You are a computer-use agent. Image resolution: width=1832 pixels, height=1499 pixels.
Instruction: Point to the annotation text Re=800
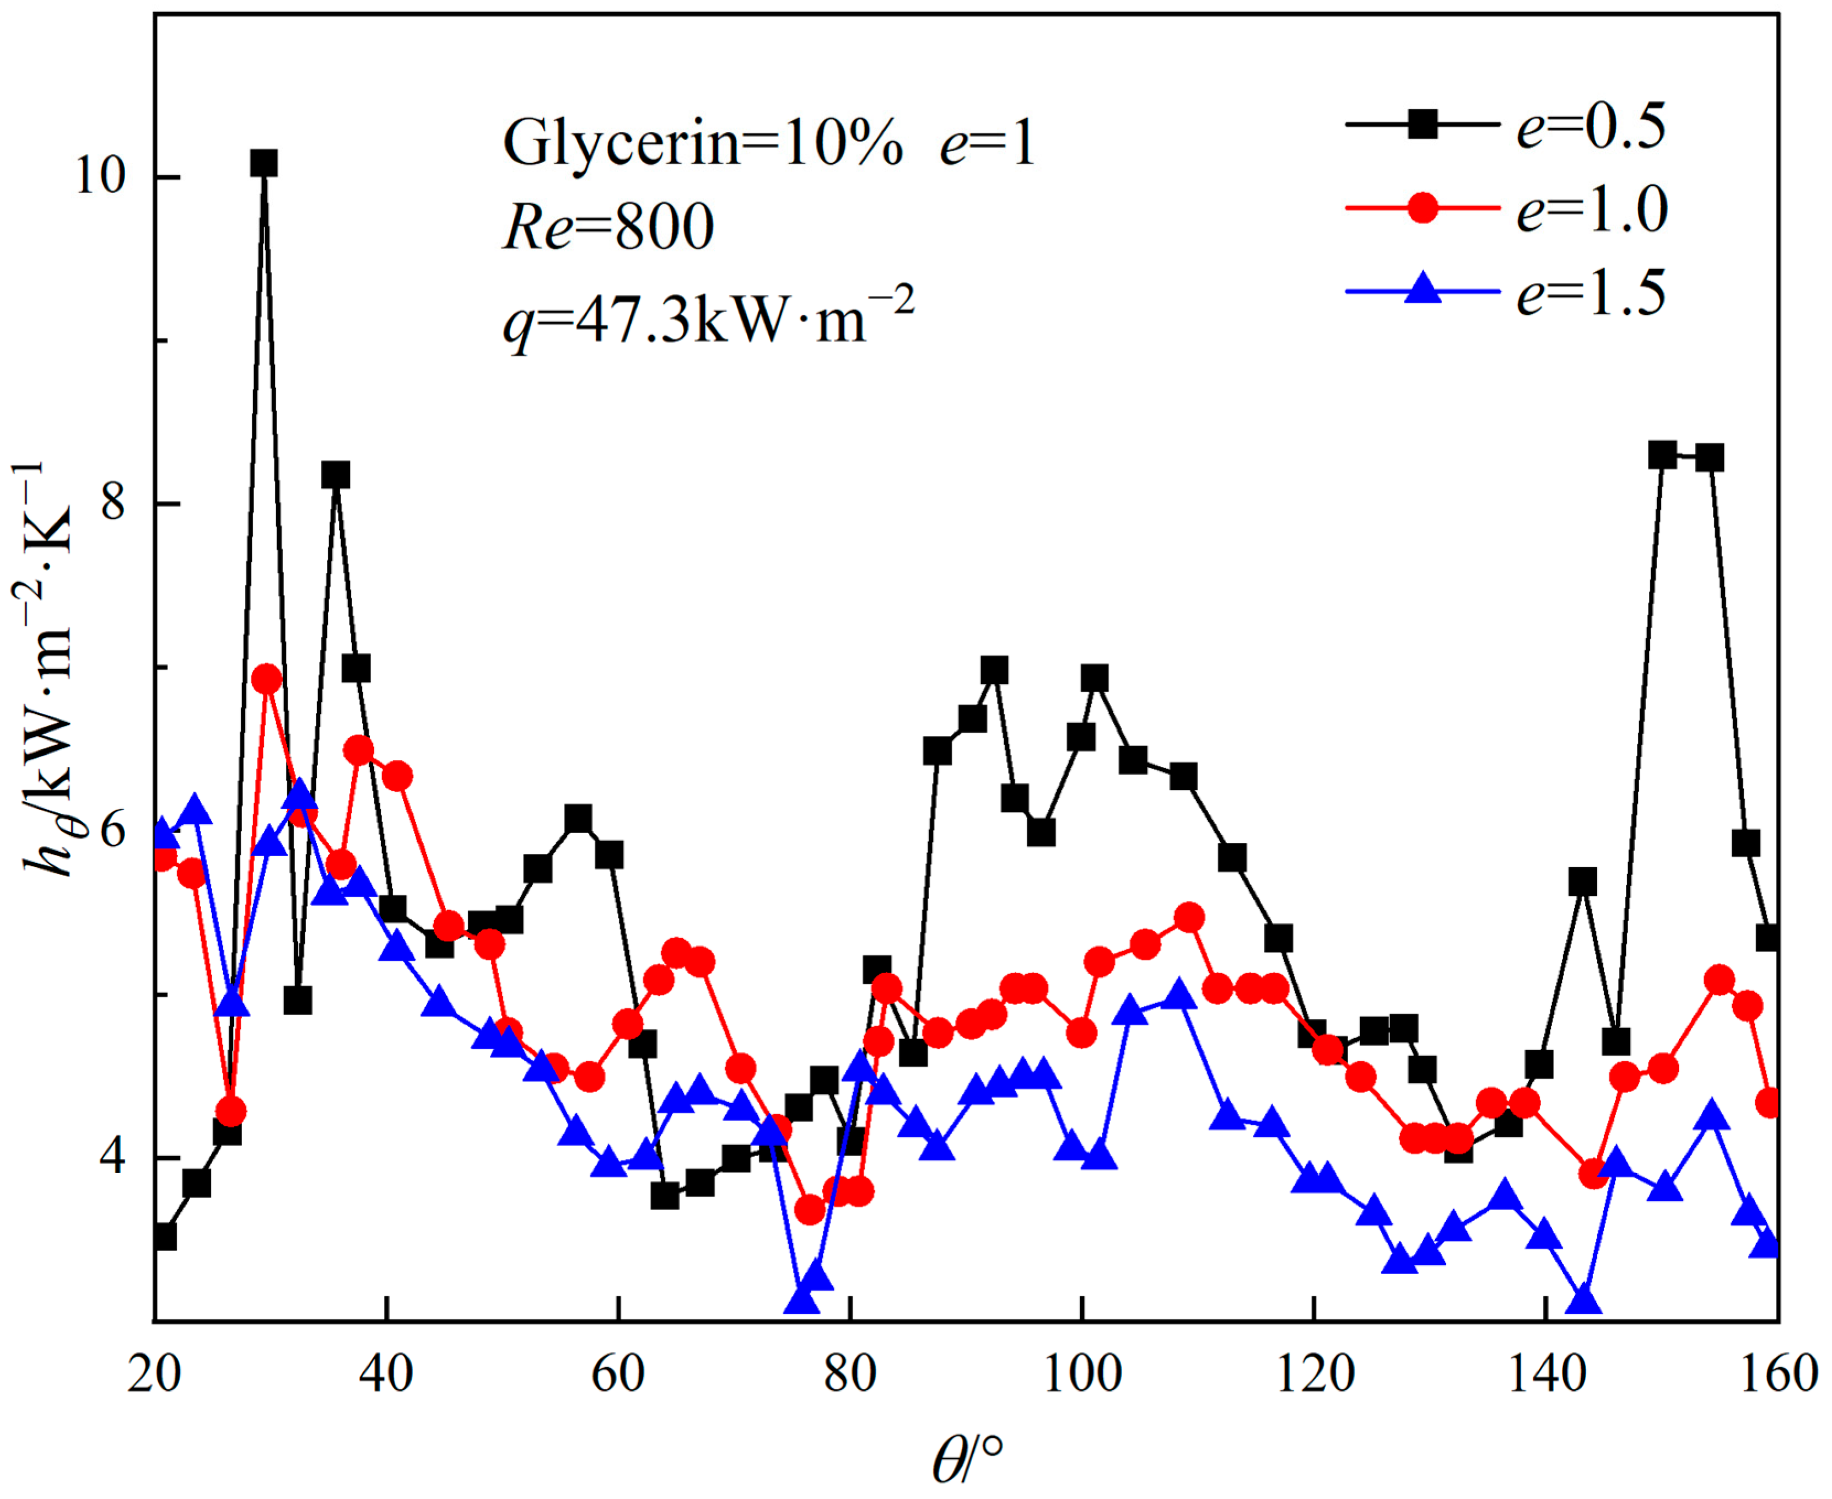(608, 228)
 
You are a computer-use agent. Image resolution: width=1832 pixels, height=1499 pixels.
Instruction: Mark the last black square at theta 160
(1768, 937)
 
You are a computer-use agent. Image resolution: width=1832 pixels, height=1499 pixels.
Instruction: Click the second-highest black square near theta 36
(336, 475)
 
